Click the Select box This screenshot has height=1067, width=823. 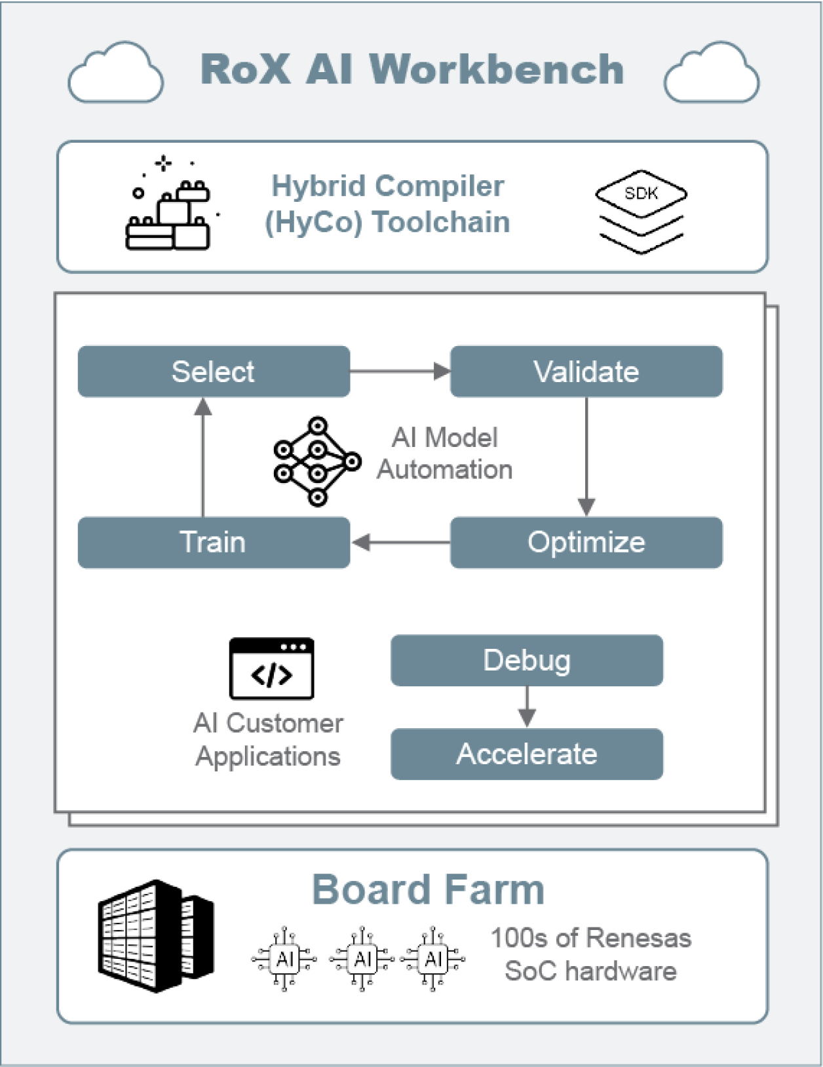(214, 372)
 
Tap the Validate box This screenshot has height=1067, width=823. (586, 372)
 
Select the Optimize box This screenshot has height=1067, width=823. (586, 543)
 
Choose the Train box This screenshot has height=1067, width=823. (214, 543)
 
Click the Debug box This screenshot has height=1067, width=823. (527, 661)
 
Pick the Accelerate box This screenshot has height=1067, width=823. (527, 754)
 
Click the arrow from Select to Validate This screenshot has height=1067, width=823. (400, 372)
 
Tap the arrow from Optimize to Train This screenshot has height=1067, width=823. (400, 543)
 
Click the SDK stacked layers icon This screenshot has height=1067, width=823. (641, 211)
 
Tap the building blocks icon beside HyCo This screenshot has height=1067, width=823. (170, 207)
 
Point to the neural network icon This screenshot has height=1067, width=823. (317, 461)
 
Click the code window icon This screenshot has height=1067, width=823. (271, 669)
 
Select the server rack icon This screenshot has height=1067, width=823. (156, 936)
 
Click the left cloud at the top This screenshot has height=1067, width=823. (116, 73)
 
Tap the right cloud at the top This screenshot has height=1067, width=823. (712, 73)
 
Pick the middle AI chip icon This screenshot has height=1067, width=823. (362, 960)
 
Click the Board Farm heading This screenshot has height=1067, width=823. (428, 890)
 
